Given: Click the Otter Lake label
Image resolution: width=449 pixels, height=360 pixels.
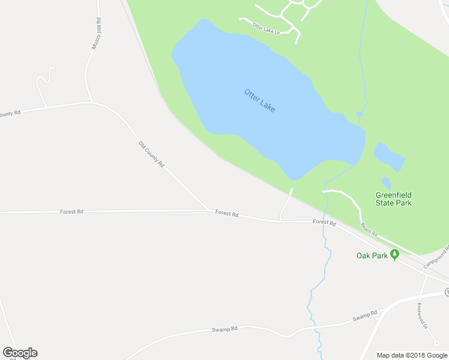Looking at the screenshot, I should pyautogui.click(x=259, y=101).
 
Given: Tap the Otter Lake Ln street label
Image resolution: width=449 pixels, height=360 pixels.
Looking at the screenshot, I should pyautogui.click(x=266, y=28).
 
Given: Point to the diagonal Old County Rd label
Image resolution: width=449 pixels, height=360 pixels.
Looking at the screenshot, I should pyautogui.click(x=151, y=154).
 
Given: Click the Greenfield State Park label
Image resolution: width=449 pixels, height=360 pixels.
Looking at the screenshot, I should pyautogui.click(x=393, y=199).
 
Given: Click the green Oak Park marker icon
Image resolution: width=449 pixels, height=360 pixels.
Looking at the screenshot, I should pyautogui.click(x=394, y=254).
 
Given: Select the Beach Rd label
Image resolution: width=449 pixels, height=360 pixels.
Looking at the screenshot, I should pyautogui.click(x=369, y=229).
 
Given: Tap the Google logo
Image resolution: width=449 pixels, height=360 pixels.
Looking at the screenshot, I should pyautogui.click(x=20, y=353).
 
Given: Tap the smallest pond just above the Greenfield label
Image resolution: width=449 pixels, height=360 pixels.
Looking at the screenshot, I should pyautogui.click(x=386, y=182).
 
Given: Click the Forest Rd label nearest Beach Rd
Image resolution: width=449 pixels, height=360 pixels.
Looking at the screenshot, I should pyautogui.click(x=324, y=222).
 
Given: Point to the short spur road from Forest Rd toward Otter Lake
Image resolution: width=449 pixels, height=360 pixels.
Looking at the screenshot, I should pyautogui.click(x=286, y=205).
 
